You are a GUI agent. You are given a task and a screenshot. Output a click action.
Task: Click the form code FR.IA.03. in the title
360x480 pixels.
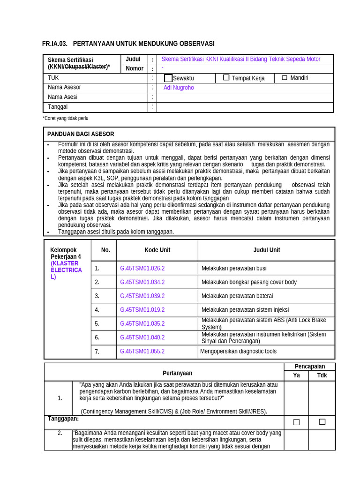coord(55,44)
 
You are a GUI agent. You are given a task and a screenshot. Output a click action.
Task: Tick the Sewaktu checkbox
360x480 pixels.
coord(168,78)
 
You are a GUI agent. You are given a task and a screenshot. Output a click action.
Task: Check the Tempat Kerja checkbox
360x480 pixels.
coord(226,78)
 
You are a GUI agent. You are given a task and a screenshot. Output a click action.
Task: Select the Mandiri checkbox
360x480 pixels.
coord(284,78)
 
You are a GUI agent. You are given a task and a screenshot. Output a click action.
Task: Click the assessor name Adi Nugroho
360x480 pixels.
coord(179,88)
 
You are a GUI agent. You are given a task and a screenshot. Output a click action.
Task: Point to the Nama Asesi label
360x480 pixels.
coord(62,97)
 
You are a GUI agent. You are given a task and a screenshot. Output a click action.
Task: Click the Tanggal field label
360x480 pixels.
coord(58,107)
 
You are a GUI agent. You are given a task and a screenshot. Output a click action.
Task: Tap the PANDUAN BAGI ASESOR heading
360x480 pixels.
coord(80,134)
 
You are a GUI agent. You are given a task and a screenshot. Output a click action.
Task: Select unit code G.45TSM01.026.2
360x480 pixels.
coord(142,269)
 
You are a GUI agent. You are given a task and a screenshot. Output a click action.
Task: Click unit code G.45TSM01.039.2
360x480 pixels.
coord(142,296)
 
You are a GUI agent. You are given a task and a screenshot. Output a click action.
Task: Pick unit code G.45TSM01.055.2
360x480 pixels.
coord(142,352)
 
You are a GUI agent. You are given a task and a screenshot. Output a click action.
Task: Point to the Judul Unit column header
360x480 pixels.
coord(266,250)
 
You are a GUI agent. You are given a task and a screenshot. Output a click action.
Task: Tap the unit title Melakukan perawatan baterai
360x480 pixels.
coord(237,296)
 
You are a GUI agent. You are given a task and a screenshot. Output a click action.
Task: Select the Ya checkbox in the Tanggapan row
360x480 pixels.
coord(296,422)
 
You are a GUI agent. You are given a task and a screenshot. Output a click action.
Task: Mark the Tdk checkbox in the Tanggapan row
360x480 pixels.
coord(322,422)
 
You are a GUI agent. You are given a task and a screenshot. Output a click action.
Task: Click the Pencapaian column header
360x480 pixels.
coord(309,367)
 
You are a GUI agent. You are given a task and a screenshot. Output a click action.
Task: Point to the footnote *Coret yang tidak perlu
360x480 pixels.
coord(66,119)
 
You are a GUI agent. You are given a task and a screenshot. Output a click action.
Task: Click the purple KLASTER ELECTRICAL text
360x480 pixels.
coord(66,270)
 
